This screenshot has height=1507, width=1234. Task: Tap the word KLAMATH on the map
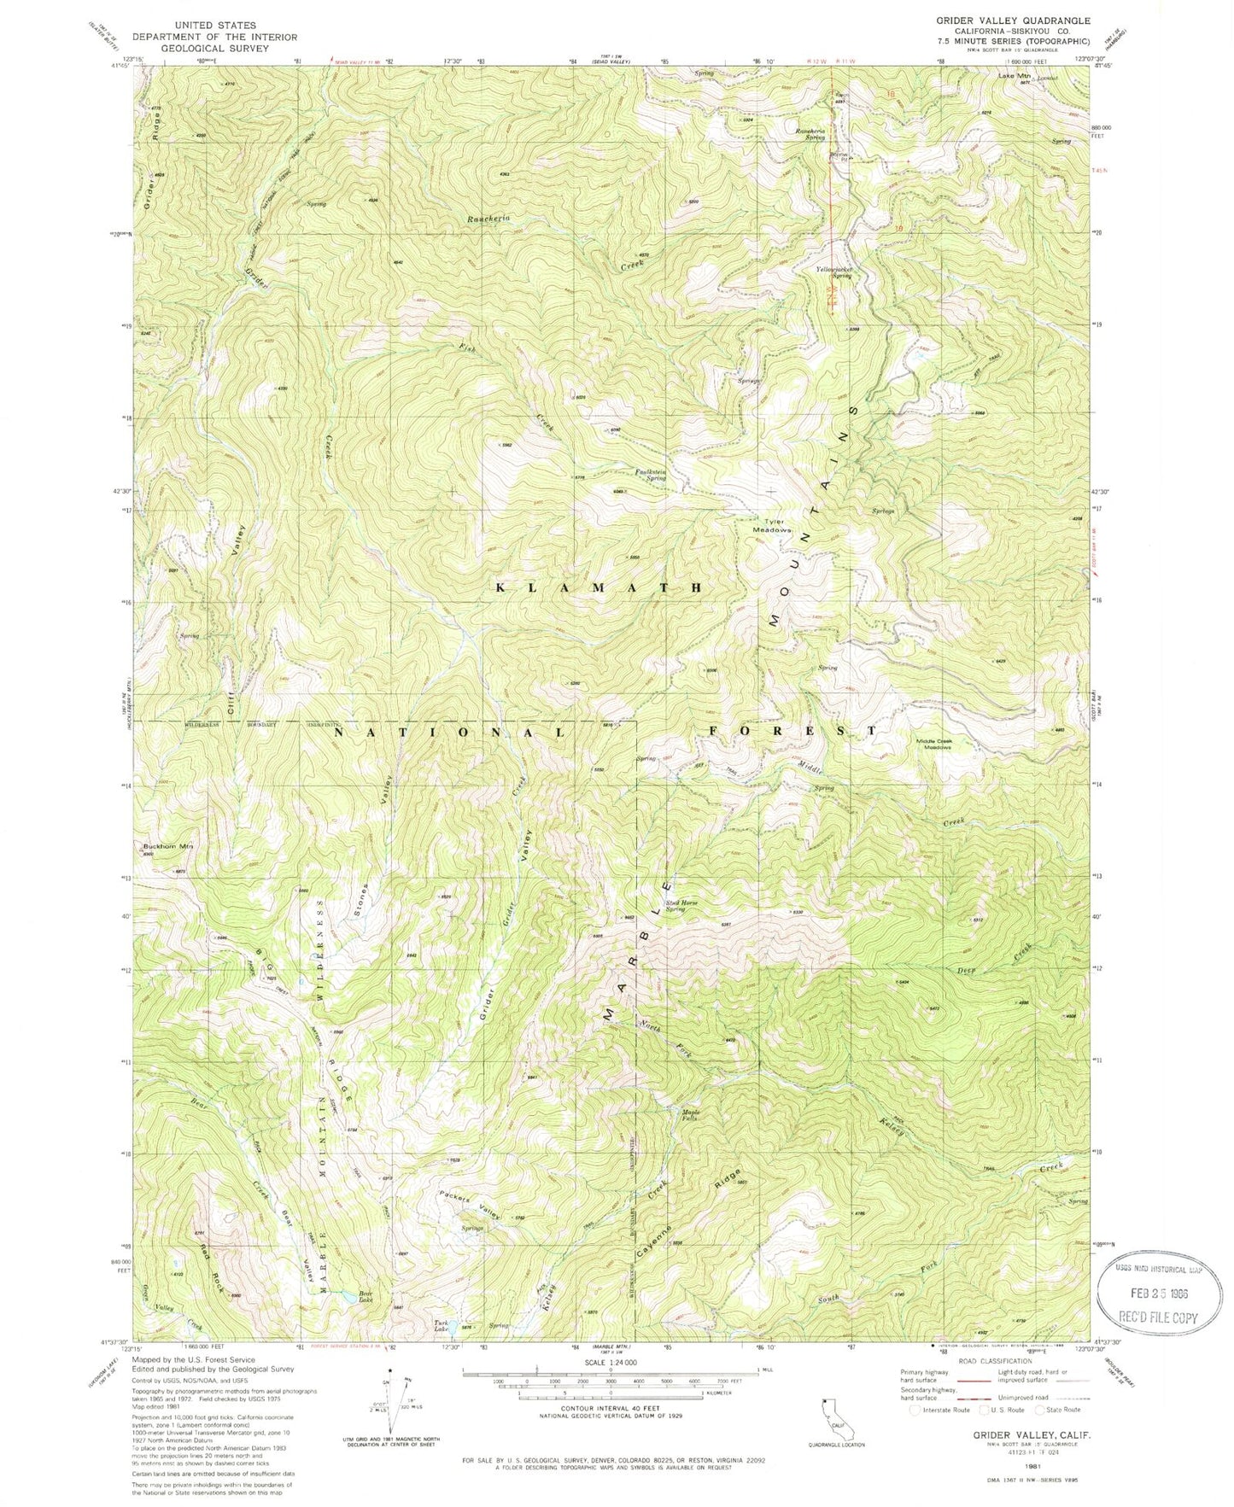coord(600,587)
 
